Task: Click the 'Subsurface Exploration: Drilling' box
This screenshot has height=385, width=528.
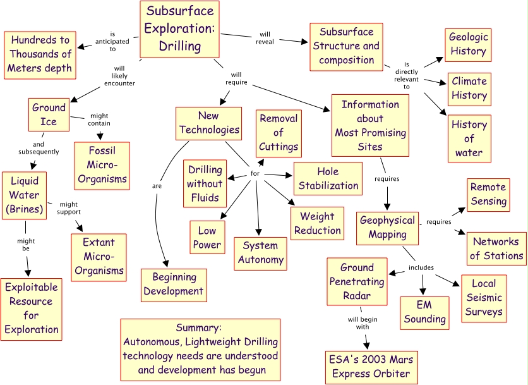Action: pyautogui.click(x=180, y=29)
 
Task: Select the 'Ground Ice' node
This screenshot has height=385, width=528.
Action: pyautogui.click(x=49, y=114)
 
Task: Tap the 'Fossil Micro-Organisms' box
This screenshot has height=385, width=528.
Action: pyautogui.click(x=102, y=166)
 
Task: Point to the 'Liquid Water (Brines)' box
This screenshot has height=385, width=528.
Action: pyautogui.click(x=25, y=195)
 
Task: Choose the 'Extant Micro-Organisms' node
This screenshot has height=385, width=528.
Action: pyautogui.click(x=99, y=257)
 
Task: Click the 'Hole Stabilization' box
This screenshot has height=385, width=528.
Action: pyautogui.click(x=328, y=178)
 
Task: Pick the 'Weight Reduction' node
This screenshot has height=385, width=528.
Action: pyautogui.click(x=317, y=223)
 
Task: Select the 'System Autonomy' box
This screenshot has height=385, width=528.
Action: pyautogui.click(x=260, y=253)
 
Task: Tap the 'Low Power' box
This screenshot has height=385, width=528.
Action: pyautogui.click(x=207, y=237)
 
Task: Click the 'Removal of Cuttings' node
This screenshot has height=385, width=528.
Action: pyautogui.click(x=278, y=132)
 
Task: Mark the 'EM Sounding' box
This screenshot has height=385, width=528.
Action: pyautogui.click(x=425, y=312)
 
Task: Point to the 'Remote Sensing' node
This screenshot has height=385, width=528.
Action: pyautogui.click(x=488, y=195)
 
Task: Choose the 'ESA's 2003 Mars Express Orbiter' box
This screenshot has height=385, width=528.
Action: pyautogui.click(x=371, y=367)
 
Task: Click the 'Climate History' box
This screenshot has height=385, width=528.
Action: pyautogui.click(x=469, y=89)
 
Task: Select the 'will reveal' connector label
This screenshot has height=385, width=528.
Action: pyautogui.click(x=265, y=38)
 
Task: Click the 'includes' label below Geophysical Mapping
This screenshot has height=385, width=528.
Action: pyautogui.click(x=421, y=267)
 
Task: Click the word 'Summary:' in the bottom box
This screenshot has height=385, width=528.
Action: pyautogui.click(x=199, y=328)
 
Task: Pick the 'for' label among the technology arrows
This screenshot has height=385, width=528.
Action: pyautogui.click(x=255, y=173)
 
